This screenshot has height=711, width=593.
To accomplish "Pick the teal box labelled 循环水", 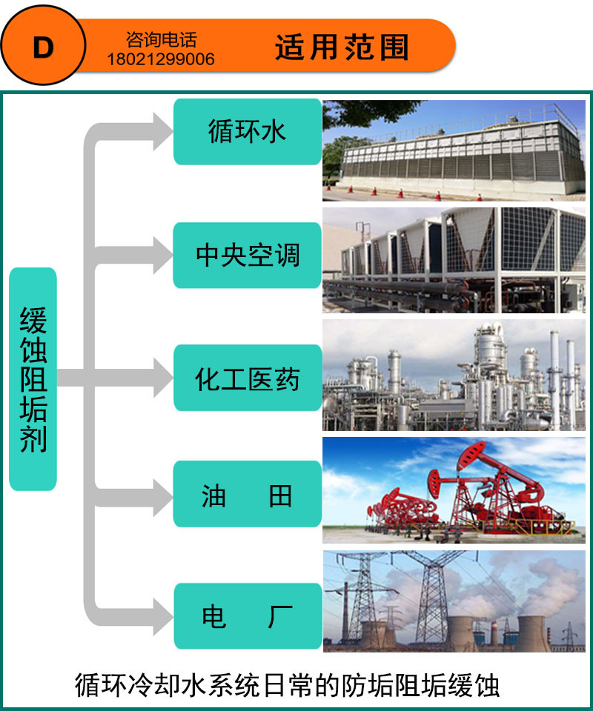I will [x=247, y=132].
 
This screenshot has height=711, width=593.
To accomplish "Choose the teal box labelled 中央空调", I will [x=247, y=256].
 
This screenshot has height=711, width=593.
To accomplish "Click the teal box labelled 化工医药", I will [x=247, y=378].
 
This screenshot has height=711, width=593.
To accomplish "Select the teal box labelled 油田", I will [x=247, y=495].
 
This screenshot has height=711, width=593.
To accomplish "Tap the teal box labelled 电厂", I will [x=247, y=616].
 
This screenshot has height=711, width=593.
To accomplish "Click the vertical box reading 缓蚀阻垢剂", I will [x=33, y=379].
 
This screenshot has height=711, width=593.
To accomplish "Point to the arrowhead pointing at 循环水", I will [x=158, y=132].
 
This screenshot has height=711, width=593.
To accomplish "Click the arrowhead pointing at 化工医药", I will [x=158, y=378].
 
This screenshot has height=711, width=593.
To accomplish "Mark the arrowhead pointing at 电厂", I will [x=158, y=616].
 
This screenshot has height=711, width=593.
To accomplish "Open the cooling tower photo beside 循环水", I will [x=454, y=150].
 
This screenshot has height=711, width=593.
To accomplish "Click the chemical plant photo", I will [x=454, y=375].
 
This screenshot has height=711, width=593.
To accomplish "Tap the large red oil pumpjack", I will [x=474, y=481].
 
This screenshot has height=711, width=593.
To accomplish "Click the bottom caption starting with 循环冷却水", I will [x=288, y=684].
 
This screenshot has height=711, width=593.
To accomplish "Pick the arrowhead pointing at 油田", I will [x=158, y=495].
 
